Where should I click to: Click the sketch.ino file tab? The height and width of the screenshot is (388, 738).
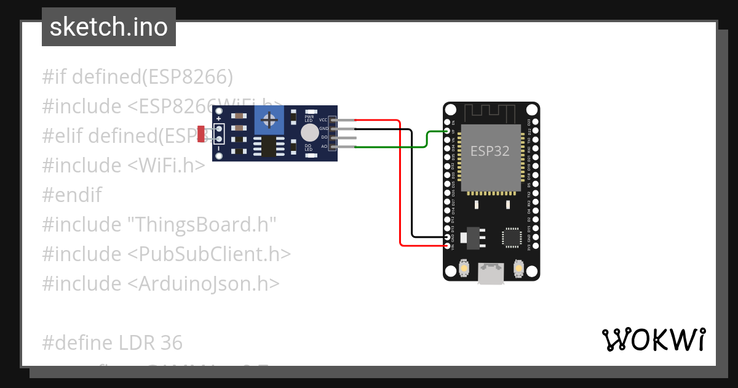click(x=108, y=27)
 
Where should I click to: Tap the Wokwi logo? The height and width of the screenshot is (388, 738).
click(x=653, y=340)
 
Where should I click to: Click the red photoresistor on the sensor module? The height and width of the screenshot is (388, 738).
click(x=201, y=134)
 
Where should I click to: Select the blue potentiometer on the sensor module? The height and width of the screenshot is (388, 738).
click(x=269, y=118)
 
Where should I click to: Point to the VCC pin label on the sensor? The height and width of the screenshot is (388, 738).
click(x=323, y=119)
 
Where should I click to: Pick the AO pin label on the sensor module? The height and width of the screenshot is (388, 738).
click(x=324, y=147)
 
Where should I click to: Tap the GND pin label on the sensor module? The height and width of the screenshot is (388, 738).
click(x=323, y=129)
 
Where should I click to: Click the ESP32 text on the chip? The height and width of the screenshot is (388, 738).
click(x=490, y=151)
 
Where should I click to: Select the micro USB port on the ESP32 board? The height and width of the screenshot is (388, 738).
click(x=491, y=274)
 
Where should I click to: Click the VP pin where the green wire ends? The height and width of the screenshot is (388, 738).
click(x=447, y=131)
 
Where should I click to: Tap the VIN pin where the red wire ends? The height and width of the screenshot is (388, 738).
click(x=447, y=246)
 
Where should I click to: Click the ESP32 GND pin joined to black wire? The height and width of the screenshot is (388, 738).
click(x=447, y=237)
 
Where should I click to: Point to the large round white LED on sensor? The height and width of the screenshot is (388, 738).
click(x=309, y=133)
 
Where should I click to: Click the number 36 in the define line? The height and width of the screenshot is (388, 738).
click(x=172, y=342)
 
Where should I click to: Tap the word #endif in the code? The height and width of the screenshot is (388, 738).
click(x=72, y=195)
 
